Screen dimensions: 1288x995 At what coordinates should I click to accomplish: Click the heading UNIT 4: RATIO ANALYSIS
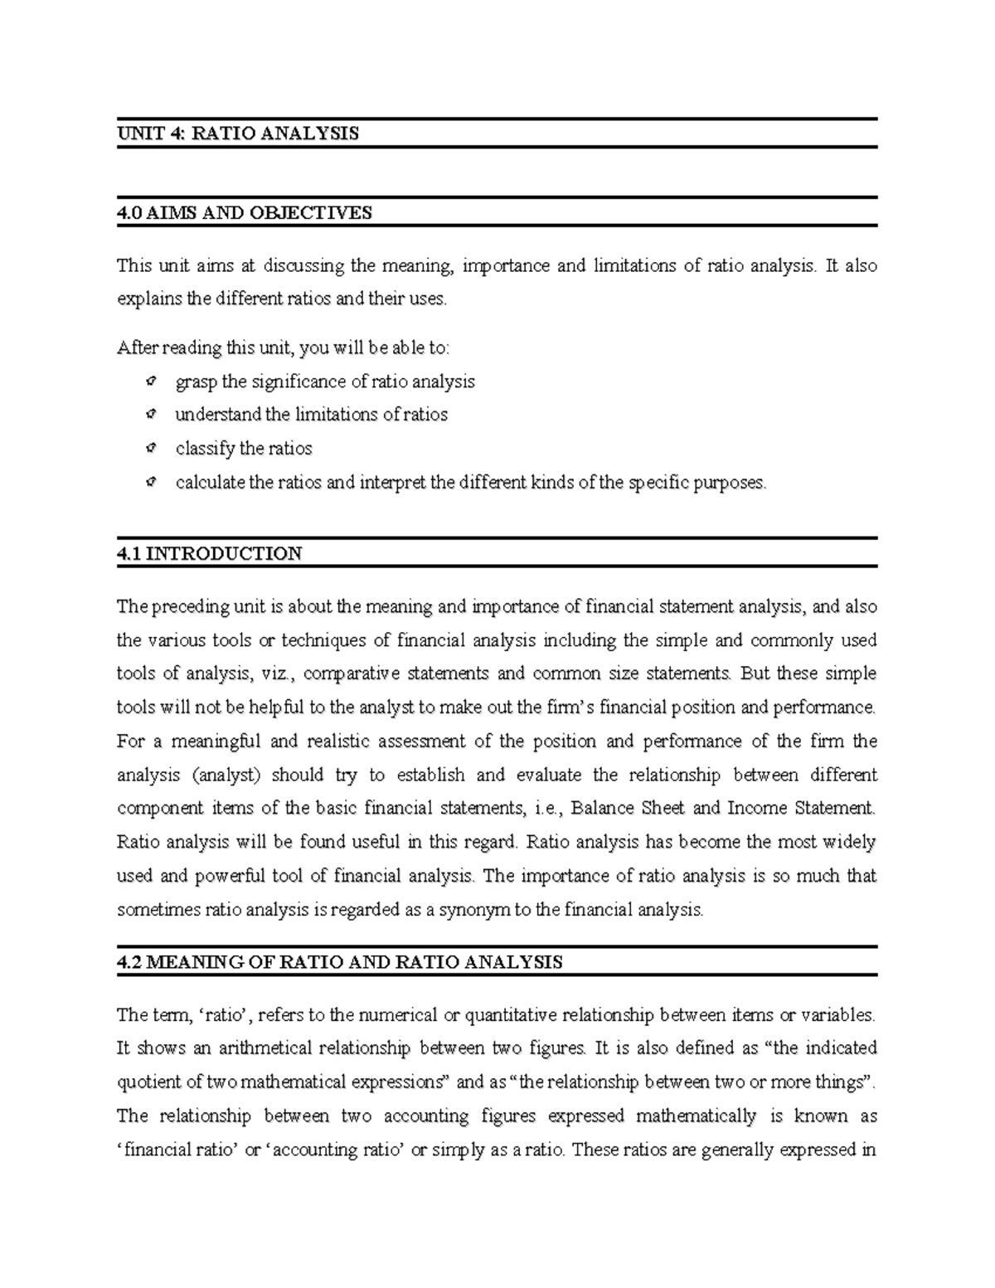click(238, 134)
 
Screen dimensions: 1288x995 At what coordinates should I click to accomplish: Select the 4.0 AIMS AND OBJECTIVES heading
click(245, 213)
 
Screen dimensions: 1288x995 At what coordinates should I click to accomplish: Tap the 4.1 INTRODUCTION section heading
click(210, 554)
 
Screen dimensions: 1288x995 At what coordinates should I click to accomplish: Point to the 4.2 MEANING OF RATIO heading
click(340, 962)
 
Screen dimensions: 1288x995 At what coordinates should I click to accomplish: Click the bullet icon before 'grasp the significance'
click(150, 382)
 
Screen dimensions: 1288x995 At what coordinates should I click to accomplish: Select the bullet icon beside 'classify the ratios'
click(150, 449)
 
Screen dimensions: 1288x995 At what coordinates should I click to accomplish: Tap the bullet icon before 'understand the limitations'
click(150, 415)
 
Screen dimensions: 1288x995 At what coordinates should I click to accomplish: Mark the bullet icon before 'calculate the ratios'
click(150, 482)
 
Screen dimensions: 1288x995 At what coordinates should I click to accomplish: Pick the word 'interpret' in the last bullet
click(393, 483)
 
